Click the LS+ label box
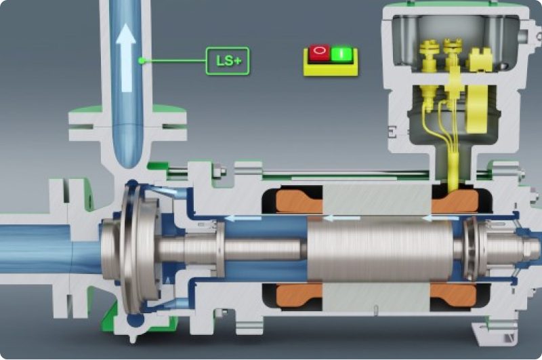click(228, 61)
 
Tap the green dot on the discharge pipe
click(141, 61)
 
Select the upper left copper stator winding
click(299, 201)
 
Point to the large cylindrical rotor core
click(379, 250)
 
